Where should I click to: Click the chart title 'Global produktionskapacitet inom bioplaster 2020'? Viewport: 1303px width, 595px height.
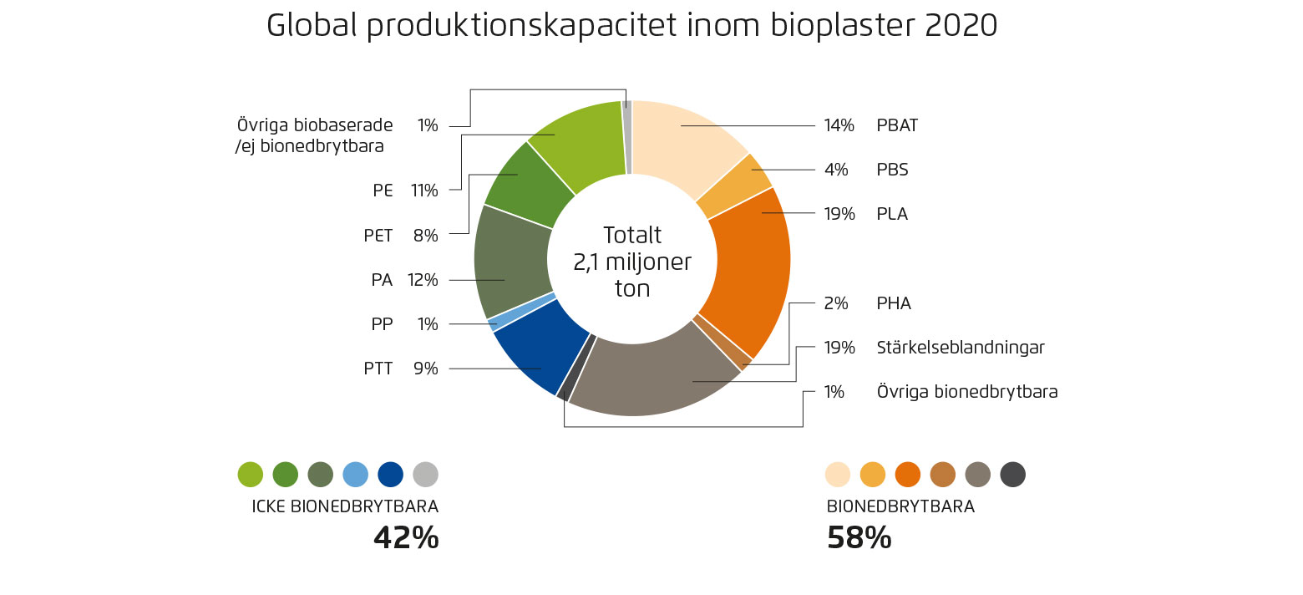(631, 25)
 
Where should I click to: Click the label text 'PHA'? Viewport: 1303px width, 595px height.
(894, 303)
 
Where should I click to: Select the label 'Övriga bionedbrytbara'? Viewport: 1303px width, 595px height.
(966, 391)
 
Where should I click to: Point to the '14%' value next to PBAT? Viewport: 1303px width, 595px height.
(839, 126)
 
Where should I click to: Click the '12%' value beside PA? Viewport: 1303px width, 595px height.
(422, 280)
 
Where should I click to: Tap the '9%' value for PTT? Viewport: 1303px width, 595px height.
(425, 369)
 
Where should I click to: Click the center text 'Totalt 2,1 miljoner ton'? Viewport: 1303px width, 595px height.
(631, 262)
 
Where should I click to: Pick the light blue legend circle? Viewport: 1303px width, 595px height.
(356, 475)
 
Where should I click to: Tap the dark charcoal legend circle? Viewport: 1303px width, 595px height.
(1012, 475)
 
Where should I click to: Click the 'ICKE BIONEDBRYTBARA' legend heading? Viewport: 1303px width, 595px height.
(345, 506)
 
